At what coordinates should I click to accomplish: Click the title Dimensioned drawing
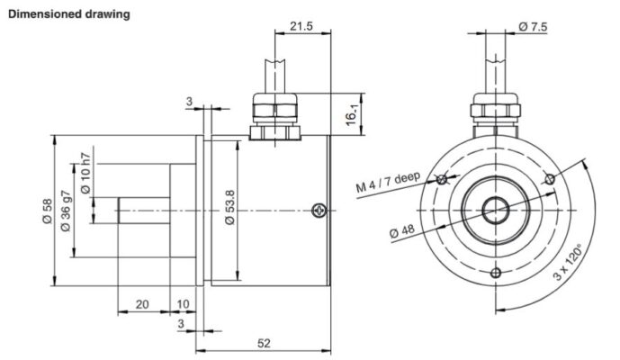coord(68,13)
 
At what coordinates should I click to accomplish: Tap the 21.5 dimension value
coord(301,27)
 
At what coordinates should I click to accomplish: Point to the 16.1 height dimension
coord(353,114)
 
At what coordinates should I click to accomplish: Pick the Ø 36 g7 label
coord(65,210)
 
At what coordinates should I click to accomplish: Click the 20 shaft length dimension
coord(142,304)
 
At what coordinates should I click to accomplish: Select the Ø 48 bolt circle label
coord(401,231)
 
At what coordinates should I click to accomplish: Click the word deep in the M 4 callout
coord(406,176)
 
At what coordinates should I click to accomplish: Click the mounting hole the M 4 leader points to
coord(442,180)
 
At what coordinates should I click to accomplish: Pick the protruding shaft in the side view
coord(142,211)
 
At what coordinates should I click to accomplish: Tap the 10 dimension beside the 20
coord(184,304)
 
